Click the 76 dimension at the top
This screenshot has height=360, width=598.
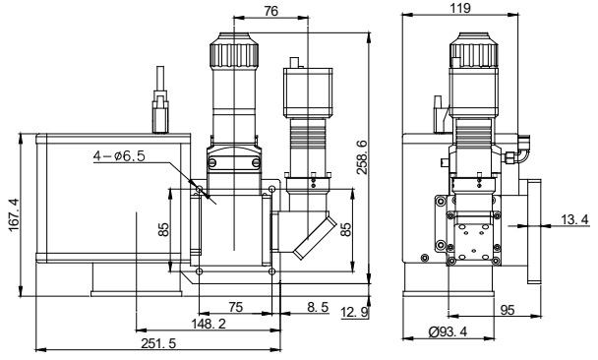pos(270,11)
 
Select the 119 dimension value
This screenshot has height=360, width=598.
pos(460,8)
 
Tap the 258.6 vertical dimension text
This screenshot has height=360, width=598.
pos(362,157)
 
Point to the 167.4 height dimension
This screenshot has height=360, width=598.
pos(14,214)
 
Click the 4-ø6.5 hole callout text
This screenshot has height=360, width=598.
pos(119,156)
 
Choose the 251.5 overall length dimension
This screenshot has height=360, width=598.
pos(158,343)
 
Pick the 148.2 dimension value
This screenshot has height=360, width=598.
pos(209,324)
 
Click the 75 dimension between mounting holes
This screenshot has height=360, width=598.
pos(235,307)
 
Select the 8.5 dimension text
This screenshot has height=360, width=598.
pos(318,307)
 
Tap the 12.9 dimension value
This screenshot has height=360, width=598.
pos(355,313)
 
